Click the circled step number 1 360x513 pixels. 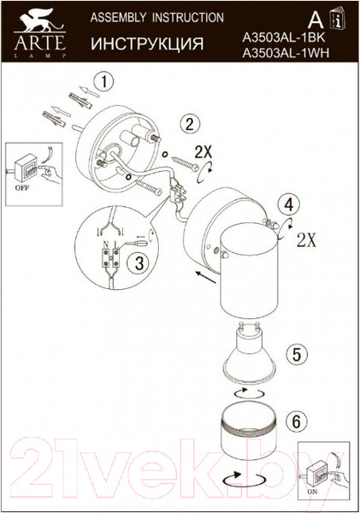tap(103, 83)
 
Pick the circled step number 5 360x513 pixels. tap(294, 352)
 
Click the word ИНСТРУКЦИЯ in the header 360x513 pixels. tap(147, 44)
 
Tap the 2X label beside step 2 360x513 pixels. tap(204, 152)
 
